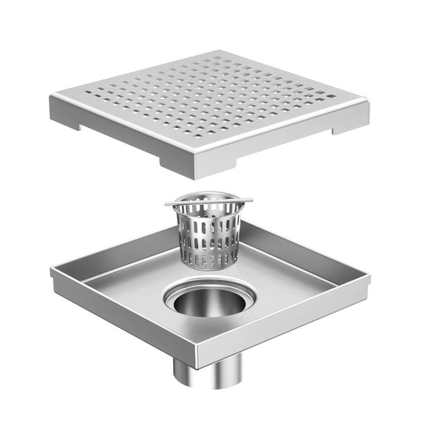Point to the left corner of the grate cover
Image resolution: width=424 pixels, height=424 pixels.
click(x=52, y=98)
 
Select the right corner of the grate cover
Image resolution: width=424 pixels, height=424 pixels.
click(x=369, y=104)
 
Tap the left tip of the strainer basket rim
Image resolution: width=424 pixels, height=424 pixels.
click(x=167, y=204)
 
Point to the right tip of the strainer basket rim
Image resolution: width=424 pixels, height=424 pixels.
click(x=251, y=200)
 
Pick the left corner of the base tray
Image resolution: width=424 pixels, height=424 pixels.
click(x=52, y=271)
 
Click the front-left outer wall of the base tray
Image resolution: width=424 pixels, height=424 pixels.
click(x=118, y=318)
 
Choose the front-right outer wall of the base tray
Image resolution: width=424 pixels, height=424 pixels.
click(x=283, y=324)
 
